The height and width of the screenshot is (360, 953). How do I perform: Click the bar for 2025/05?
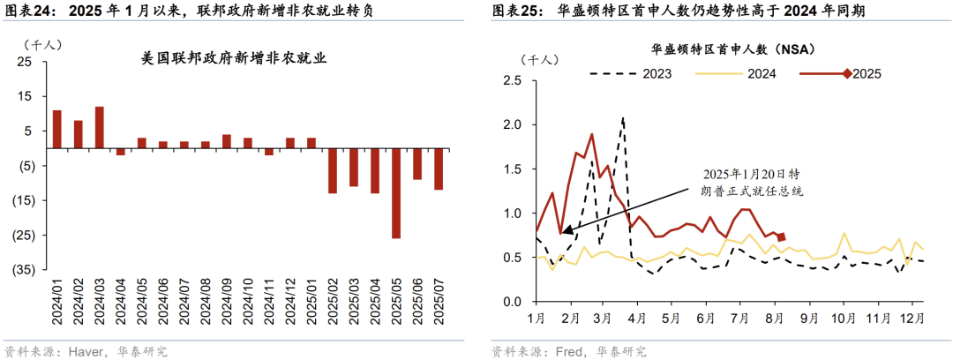click(x=396, y=192)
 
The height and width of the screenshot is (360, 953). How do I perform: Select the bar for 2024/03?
click(x=100, y=127)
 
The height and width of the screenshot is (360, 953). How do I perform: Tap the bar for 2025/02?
click(x=333, y=170)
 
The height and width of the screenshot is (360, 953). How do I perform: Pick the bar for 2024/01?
click(x=57, y=129)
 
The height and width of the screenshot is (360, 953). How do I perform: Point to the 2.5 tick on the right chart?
click(x=512, y=80)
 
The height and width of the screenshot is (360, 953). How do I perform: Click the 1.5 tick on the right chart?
click(x=512, y=169)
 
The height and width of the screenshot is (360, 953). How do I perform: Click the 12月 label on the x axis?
click(x=911, y=317)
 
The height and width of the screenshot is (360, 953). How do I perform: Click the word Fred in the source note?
click(x=567, y=351)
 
